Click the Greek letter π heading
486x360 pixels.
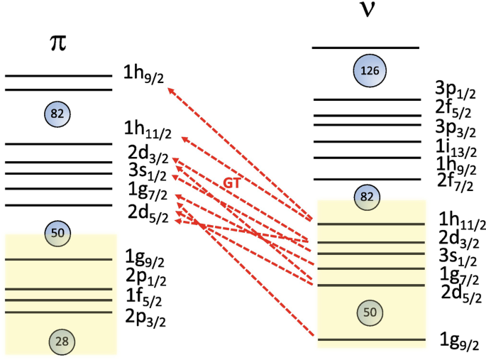click(58, 43)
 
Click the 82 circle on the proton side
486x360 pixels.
click(58, 114)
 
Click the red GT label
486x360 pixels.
click(231, 182)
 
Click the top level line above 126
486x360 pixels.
click(366, 48)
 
